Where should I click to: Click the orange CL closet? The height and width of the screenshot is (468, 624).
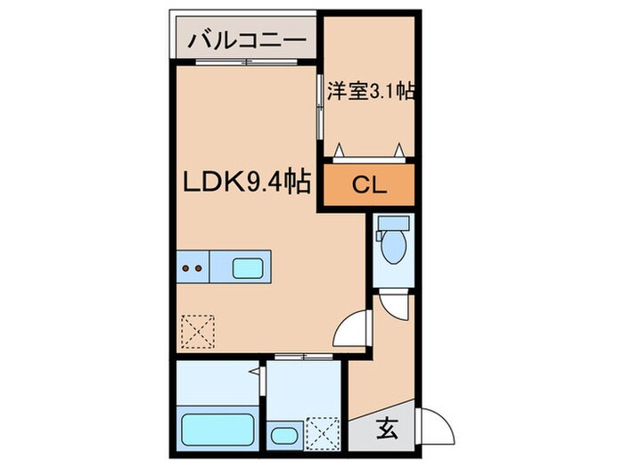[367, 186]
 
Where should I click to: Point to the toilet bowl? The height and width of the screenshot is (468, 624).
[393, 249]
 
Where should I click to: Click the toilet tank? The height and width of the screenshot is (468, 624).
[393, 225]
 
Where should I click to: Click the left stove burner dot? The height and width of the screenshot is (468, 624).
[186, 266]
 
